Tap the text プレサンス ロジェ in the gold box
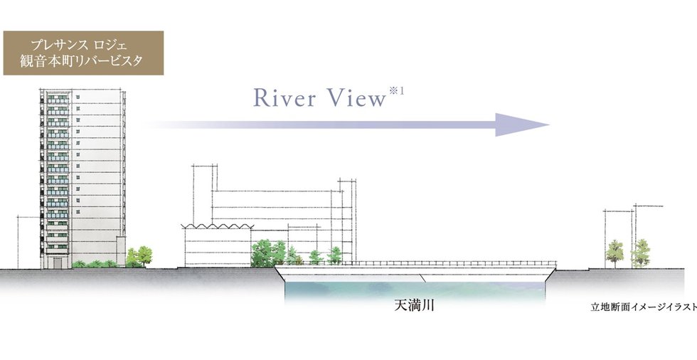coord(83,43)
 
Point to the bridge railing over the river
coord(455,263)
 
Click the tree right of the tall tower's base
coord(139,256)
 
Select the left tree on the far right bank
coord(614,251)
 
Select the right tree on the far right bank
coord(640,251)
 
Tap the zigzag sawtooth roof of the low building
coord(217,226)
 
